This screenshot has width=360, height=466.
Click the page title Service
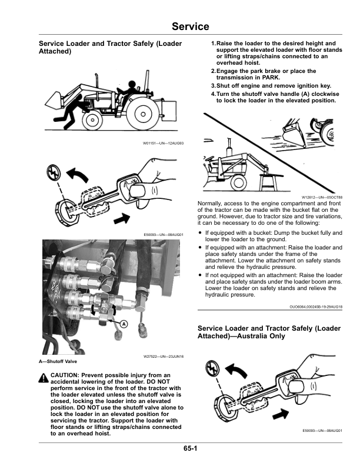pyautogui.click(x=190, y=26)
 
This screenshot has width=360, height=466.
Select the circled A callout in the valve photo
pyautogui.click(x=125, y=324)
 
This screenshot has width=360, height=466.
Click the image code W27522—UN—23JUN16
pyautogui.click(x=164, y=357)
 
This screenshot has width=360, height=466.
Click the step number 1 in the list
pyautogui.click(x=213, y=44)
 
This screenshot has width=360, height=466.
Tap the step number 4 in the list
pyautogui.click(x=213, y=94)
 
